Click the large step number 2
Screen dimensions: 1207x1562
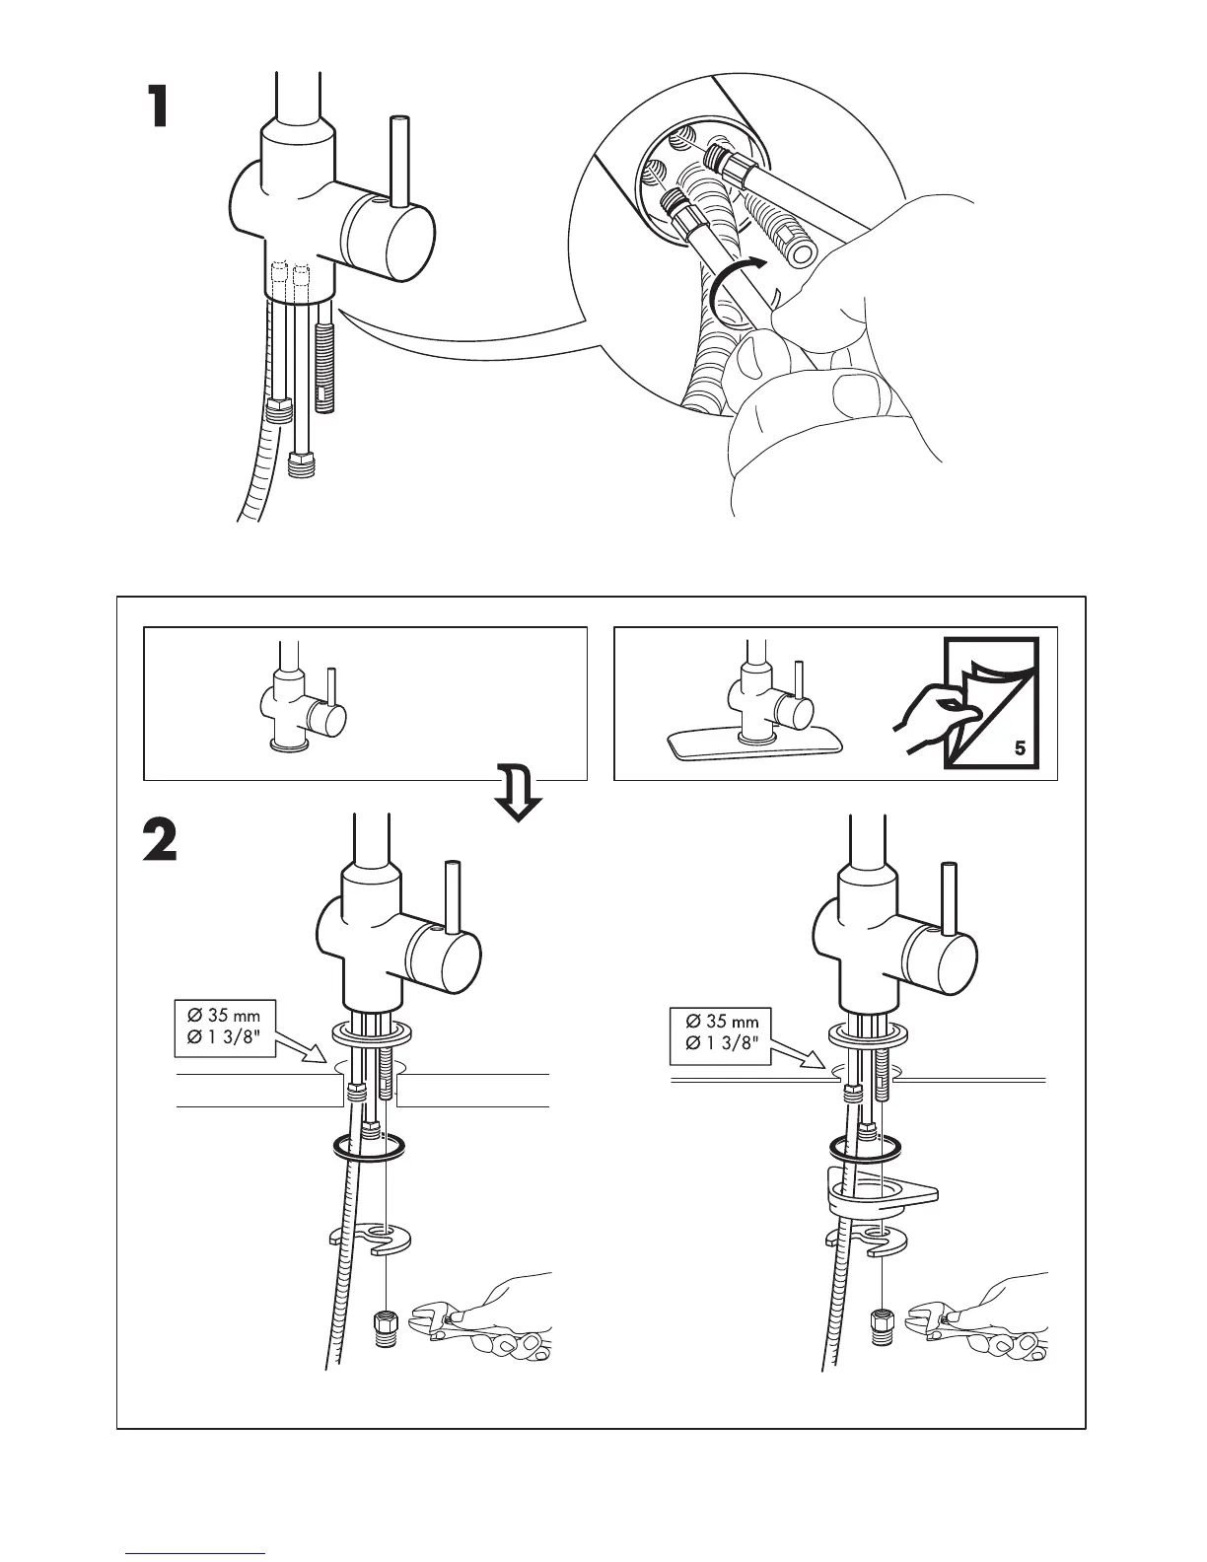(x=161, y=841)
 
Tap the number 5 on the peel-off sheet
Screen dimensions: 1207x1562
(x=1020, y=748)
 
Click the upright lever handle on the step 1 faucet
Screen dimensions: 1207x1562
(x=399, y=163)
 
